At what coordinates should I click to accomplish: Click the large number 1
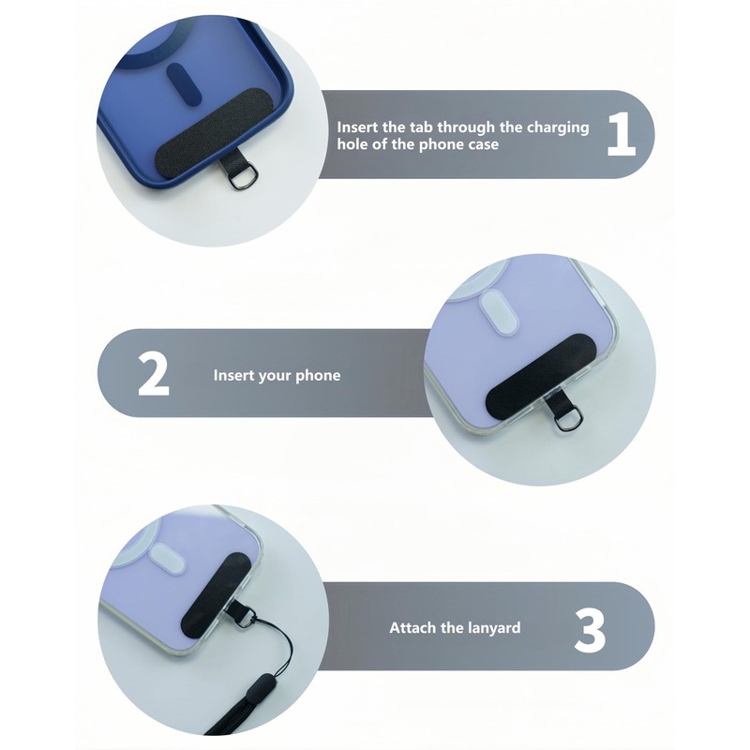pyautogui.click(x=621, y=135)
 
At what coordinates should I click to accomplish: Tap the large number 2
pyautogui.click(x=154, y=374)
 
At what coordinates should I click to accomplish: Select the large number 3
pyautogui.click(x=590, y=627)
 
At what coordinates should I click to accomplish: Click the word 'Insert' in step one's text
pyautogui.click(x=359, y=127)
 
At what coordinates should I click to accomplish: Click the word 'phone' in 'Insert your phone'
pyautogui.click(x=318, y=375)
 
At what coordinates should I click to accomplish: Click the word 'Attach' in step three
pyautogui.click(x=412, y=627)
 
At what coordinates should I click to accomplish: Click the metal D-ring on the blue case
pyautogui.click(x=238, y=177)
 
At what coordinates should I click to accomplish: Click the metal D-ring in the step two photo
pyautogui.click(x=563, y=420)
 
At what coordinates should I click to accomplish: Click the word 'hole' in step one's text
pyautogui.click(x=353, y=145)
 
